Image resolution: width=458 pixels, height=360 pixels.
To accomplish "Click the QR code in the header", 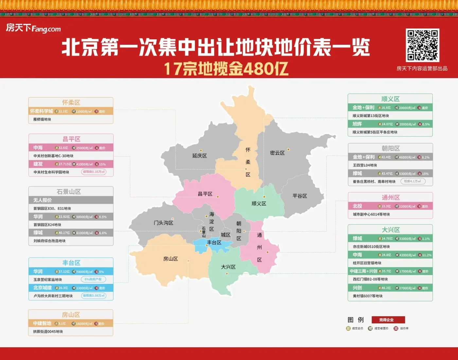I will (x=422, y=45).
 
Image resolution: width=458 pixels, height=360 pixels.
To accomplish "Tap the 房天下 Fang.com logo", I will (x=33, y=28).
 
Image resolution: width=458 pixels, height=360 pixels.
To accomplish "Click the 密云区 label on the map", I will (x=277, y=153).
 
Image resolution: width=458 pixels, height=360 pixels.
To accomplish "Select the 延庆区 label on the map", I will (x=200, y=156).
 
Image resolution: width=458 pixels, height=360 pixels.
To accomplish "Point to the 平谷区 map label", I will (x=300, y=196).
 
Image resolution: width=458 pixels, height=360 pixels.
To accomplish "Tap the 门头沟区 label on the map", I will (x=164, y=223).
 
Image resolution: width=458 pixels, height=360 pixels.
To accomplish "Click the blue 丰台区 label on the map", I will (x=214, y=243).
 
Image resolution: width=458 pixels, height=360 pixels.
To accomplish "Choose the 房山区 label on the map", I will (x=171, y=259).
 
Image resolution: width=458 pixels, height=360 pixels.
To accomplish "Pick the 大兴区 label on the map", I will (x=228, y=267).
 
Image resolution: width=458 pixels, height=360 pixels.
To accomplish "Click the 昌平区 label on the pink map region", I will (x=205, y=194).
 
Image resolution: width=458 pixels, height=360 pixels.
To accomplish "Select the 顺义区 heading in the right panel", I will (x=390, y=99).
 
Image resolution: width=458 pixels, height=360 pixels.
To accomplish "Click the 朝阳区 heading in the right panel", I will (x=391, y=148).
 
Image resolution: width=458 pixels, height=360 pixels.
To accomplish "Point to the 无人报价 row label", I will (x=43, y=200).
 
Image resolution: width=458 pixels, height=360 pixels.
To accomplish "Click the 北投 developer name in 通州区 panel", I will (x=358, y=206).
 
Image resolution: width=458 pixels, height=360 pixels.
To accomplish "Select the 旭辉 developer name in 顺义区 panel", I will (x=357, y=124).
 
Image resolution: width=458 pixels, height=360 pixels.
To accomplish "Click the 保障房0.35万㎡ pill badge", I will (x=94, y=172).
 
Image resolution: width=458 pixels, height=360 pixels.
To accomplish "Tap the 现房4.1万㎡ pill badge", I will (x=413, y=181).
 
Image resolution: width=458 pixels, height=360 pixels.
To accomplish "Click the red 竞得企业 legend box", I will (x=388, y=320).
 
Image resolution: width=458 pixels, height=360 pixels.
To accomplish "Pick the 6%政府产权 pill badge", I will (x=93, y=279).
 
